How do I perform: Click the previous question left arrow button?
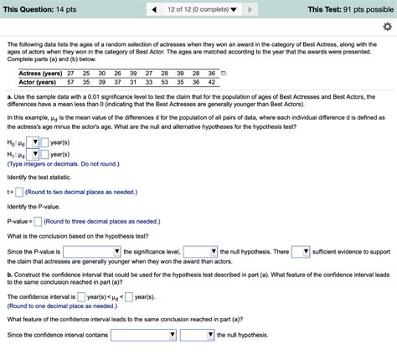(155, 8)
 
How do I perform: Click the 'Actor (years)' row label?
(38, 83)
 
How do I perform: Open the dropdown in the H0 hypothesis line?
(34, 142)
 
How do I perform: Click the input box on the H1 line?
(45, 154)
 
